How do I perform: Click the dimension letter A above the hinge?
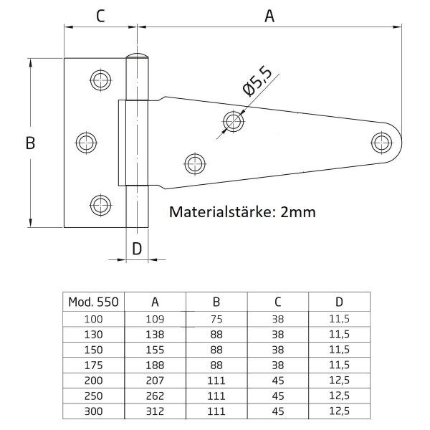[269, 16]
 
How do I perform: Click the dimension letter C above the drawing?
[100, 16]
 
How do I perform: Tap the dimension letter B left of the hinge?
[30, 143]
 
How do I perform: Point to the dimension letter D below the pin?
[137, 249]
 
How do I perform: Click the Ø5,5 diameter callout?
[257, 82]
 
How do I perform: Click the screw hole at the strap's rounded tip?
[381, 143]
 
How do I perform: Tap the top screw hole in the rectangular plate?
[100, 80]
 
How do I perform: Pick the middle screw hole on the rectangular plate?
[86, 143]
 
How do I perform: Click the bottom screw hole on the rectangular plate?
[100, 205]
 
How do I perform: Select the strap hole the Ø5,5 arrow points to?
[233, 121]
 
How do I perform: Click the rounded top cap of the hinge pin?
[137, 55]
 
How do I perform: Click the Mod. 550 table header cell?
[93, 302]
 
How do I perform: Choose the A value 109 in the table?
[155, 319]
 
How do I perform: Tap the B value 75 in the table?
[216, 319]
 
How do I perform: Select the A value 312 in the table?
[155, 411]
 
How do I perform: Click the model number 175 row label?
[93, 365]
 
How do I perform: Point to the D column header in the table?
[339, 302]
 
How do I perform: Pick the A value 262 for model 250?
[155, 396]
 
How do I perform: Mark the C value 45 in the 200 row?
[278, 381]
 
